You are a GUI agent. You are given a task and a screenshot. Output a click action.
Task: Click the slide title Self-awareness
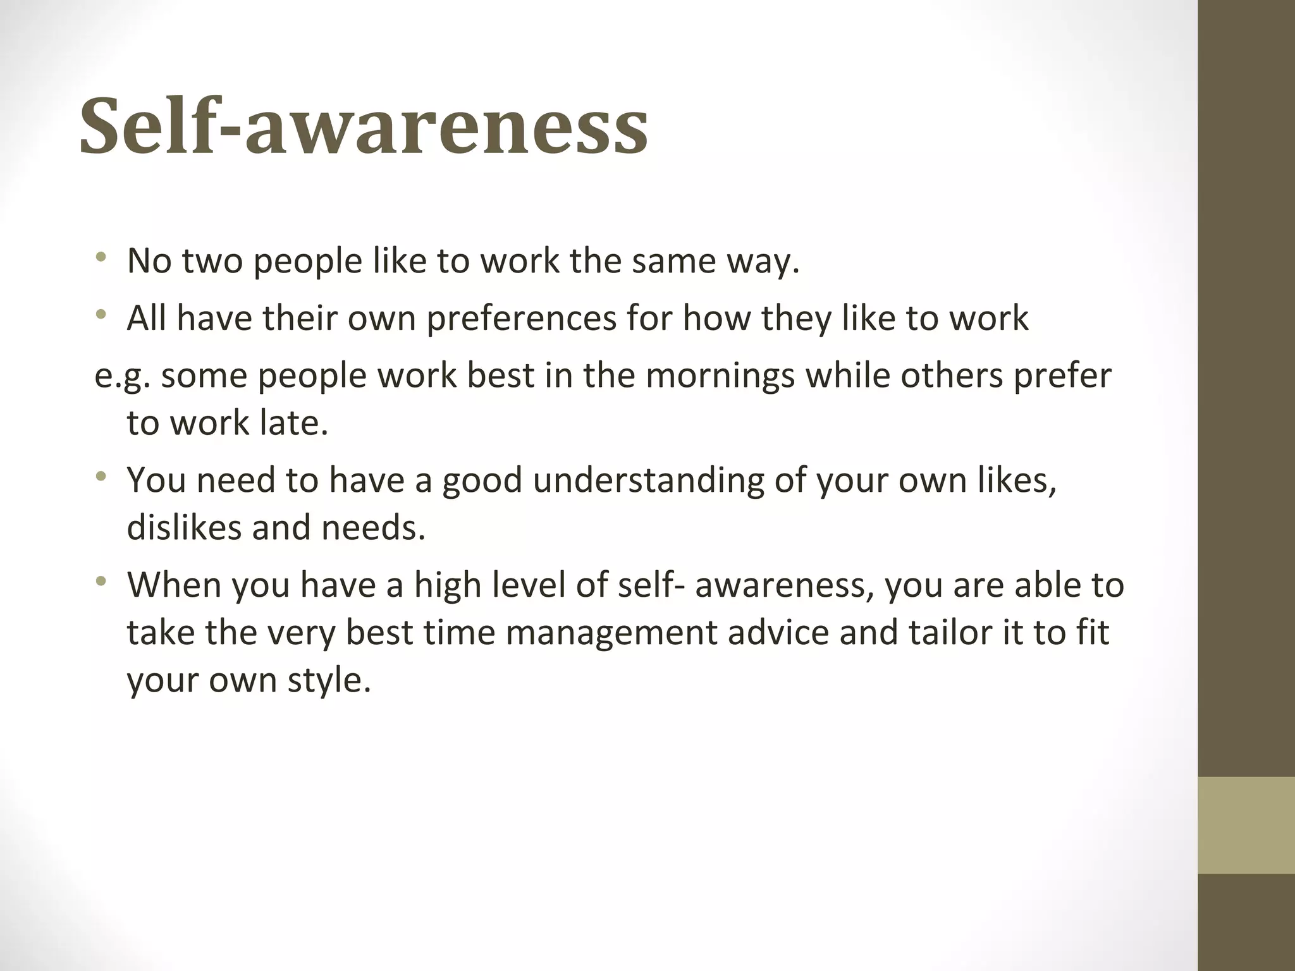(x=364, y=125)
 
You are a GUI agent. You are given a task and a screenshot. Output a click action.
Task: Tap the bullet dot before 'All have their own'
(x=101, y=315)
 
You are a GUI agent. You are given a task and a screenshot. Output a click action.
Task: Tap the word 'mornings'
(x=720, y=376)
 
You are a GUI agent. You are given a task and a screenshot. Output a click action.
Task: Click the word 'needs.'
(x=373, y=528)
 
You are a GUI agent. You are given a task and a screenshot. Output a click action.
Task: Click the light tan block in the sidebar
(x=1246, y=825)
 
